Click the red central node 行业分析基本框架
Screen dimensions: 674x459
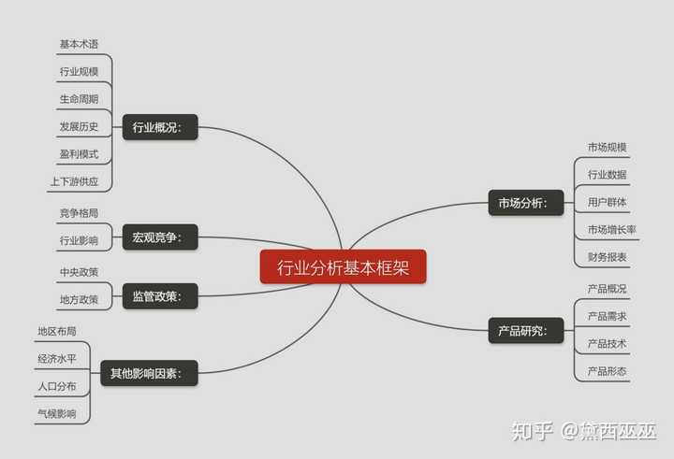click(x=343, y=266)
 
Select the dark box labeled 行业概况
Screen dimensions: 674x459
click(x=160, y=127)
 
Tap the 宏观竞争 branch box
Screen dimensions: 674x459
click(x=160, y=237)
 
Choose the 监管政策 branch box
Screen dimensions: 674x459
click(x=160, y=296)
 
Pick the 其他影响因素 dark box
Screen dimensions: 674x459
click(x=149, y=373)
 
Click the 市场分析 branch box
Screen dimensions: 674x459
click(x=526, y=203)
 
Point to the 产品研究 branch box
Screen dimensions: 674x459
click(x=526, y=331)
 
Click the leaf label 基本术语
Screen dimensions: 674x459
click(x=79, y=44)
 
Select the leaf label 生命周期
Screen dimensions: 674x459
click(x=79, y=99)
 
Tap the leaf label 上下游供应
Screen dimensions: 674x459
click(x=75, y=181)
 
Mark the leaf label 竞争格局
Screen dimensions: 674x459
click(x=79, y=213)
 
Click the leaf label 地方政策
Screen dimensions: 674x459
click(x=79, y=300)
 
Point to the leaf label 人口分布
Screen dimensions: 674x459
click(x=57, y=386)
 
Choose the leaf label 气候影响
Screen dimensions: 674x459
click(x=57, y=414)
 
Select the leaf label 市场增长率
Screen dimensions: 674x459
click(x=611, y=230)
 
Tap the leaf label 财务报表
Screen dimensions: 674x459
click(x=607, y=257)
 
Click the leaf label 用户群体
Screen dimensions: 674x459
click(x=607, y=202)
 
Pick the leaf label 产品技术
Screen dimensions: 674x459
click(x=607, y=344)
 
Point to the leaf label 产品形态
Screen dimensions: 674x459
click(x=607, y=371)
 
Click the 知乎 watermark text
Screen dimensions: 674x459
click(x=532, y=431)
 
